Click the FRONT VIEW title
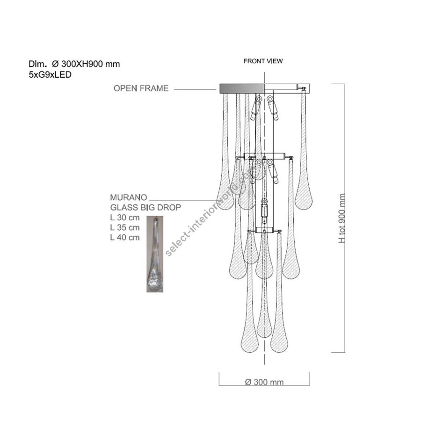tap(263, 61)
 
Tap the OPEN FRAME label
tap(141, 88)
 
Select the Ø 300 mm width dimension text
tap(264, 382)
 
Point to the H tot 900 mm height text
tap(342, 218)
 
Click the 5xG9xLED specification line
tap(50, 75)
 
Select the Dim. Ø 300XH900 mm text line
tap(74, 64)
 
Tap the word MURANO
tap(129, 197)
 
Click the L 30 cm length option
tap(125, 218)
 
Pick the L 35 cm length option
tap(125, 227)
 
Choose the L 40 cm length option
tap(125, 237)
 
